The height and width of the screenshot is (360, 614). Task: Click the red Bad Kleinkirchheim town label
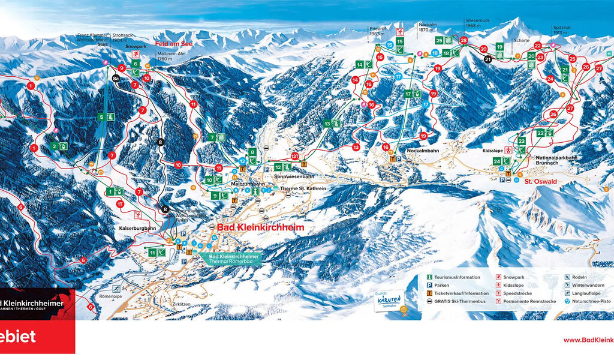click(260, 228)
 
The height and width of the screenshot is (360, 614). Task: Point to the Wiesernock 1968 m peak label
click(477, 23)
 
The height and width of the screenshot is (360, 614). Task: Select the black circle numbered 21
click(487, 59)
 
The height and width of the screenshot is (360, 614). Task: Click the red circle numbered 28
click(463, 40)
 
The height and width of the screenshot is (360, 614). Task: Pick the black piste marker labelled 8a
click(116, 78)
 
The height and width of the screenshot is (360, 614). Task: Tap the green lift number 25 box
click(439, 41)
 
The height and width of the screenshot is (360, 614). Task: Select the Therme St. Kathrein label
click(303, 188)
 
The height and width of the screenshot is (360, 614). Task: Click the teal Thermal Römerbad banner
click(234, 259)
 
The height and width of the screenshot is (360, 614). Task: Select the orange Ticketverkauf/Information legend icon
click(429, 293)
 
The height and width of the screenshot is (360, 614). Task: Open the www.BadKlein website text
click(588, 340)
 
